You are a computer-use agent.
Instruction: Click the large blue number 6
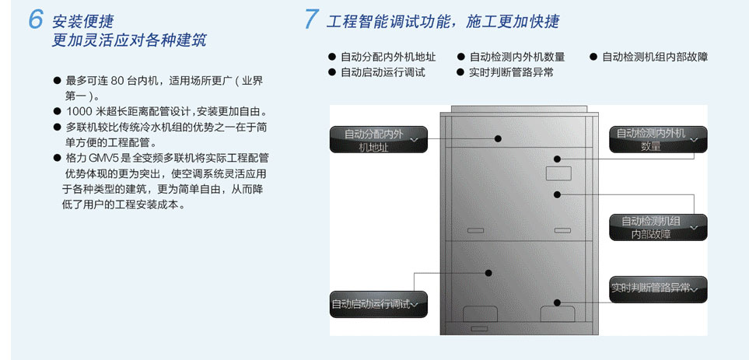tap(36, 19)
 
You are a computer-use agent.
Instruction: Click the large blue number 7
tap(311, 19)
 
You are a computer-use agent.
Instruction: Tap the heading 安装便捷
tap(83, 22)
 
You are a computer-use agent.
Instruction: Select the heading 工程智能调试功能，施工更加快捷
tap(443, 22)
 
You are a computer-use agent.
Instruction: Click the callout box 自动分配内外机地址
tap(378, 139)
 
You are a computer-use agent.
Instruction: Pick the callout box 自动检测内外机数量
tap(658, 139)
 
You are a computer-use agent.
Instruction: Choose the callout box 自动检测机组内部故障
tap(658, 227)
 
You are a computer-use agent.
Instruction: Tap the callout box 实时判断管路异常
tap(658, 289)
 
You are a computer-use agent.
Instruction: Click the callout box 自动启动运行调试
tap(378, 304)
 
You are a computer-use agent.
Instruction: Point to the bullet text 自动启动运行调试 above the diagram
tap(383, 72)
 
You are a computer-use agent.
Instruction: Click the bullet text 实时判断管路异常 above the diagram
tap(512, 72)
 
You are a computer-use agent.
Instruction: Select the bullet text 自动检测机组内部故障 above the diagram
tap(655, 58)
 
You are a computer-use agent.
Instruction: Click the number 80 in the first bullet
tap(117, 81)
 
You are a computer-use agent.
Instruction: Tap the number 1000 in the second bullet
tap(77, 112)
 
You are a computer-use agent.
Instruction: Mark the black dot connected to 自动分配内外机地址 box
tap(498, 138)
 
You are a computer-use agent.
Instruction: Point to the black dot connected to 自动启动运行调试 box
tap(488, 273)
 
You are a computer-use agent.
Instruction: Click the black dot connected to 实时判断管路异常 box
tap(556, 302)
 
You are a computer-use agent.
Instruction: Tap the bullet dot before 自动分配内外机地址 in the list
tap(331, 57)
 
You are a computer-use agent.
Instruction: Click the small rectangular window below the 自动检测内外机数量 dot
tap(558, 173)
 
